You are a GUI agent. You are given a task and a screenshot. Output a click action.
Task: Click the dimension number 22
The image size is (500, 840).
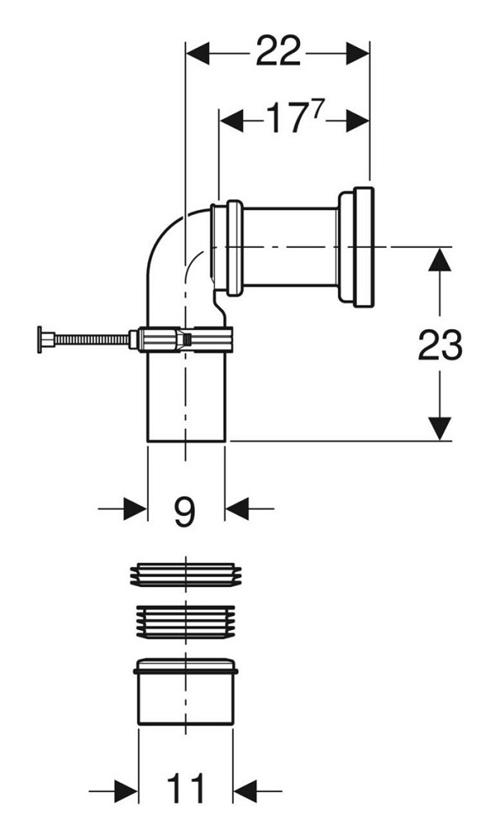point(277,51)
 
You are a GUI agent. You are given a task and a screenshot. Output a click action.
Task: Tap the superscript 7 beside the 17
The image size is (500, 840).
point(319,108)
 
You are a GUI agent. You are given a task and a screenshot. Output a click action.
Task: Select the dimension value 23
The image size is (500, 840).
point(440,345)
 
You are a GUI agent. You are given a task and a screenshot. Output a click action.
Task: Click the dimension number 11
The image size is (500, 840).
point(186,789)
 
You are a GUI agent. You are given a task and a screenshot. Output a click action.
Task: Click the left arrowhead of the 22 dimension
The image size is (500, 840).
point(197,54)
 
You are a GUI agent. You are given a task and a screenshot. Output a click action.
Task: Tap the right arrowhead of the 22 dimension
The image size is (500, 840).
point(358,54)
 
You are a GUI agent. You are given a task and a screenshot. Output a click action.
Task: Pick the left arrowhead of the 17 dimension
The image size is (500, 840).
point(231,120)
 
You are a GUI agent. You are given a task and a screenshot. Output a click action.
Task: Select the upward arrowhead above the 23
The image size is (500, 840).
point(440,260)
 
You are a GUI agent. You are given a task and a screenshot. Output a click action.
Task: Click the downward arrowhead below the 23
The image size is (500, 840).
point(440,428)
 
